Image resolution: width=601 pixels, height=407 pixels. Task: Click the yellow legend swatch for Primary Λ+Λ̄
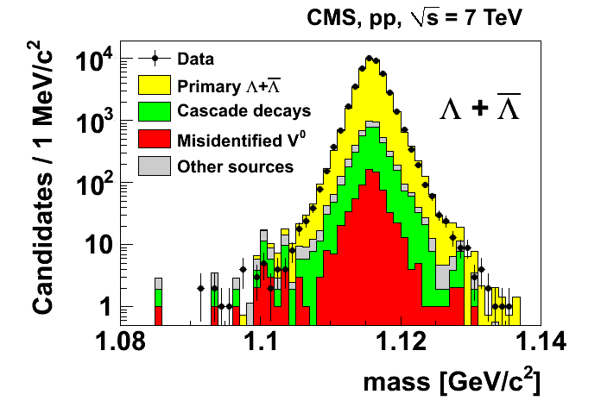tap(154, 85)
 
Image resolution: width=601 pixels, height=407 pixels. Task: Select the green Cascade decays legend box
tap(154, 111)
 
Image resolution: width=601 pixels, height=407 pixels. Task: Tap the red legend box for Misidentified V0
tap(154, 138)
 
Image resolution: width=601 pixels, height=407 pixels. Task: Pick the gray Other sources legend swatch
tap(154, 165)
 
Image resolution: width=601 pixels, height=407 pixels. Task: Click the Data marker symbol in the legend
tap(154, 59)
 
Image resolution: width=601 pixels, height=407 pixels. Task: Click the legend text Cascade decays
tap(232, 111)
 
